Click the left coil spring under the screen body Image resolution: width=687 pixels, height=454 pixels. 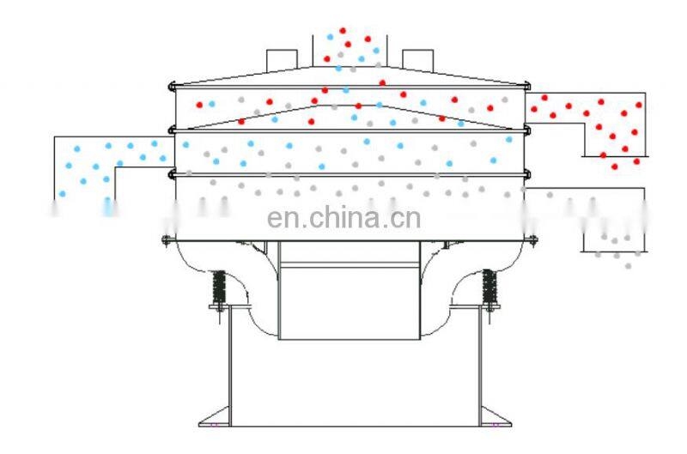coord(218,286)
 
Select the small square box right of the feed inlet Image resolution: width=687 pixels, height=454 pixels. coord(416,59)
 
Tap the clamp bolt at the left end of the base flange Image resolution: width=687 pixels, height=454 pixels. coord(165,239)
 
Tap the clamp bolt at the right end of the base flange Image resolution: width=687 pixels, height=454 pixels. coord(532,239)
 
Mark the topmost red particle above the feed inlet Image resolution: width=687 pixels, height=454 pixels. coord(343,31)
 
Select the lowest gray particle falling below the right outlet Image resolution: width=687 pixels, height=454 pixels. coord(628,266)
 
